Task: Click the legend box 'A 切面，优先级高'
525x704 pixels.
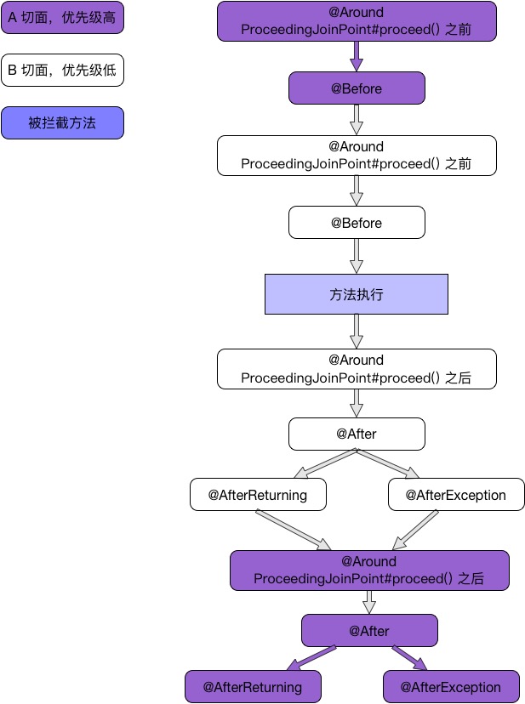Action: click(x=62, y=17)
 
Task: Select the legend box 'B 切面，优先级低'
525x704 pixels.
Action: click(x=62, y=70)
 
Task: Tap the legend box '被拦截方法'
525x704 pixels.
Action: click(x=62, y=123)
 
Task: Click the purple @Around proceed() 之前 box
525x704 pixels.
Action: click(x=357, y=21)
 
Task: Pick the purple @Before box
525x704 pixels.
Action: click(x=357, y=88)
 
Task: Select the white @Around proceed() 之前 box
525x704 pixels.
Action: click(x=357, y=156)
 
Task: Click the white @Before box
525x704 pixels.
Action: click(x=357, y=223)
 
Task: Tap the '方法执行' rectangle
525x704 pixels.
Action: click(x=357, y=294)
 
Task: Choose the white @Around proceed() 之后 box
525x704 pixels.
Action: click(x=357, y=369)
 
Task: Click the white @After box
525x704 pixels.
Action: click(x=357, y=434)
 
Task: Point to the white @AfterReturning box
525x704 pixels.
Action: click(x=258, y=495)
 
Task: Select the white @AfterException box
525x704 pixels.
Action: click(x=456, y=495)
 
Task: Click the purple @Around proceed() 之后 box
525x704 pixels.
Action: click(x=369, y=571)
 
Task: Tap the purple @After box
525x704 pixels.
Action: click(x=369, y=631)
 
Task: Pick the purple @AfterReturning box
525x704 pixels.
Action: click(x=253, y=687)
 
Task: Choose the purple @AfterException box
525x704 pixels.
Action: click(x=451, y=687)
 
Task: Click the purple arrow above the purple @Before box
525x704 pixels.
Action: click(x=357, y=57)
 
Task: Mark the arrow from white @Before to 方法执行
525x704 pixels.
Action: click(x=357, y=256)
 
